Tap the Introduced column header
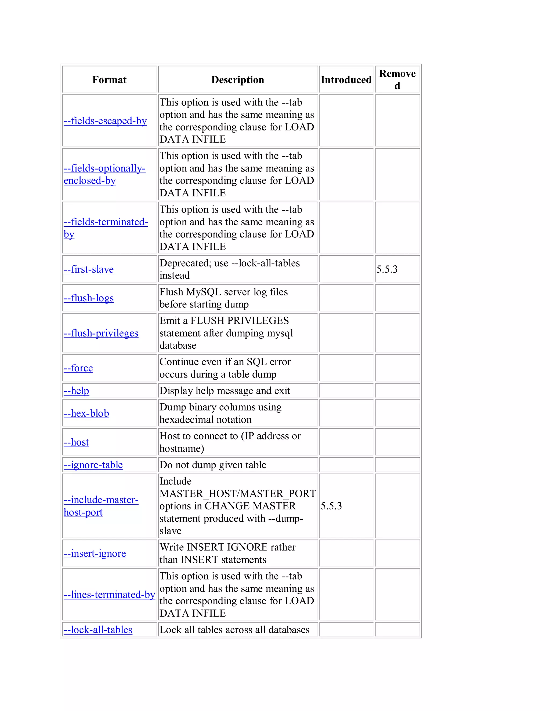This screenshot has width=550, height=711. pos(346,80)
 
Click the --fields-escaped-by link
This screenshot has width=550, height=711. pos(105,121)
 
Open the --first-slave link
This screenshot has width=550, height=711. pos(89,269)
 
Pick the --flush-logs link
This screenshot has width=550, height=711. pos(89,298)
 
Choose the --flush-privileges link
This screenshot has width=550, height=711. pos(101,333)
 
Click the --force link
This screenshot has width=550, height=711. pos(78,368)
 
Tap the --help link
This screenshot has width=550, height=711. pos(76,391)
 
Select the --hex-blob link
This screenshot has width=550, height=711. pos(86,413)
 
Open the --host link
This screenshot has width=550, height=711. pos(76,442)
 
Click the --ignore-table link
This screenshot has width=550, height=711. pos(93,465)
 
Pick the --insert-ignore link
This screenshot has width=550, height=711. pos(95,554)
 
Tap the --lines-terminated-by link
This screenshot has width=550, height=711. pos(109,595)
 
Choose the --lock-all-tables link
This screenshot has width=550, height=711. pos(98,630)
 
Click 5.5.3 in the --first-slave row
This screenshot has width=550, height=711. pos(387,269)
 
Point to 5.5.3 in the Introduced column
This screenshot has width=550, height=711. pos(331,506)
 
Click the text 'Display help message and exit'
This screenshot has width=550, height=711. pos(225,391)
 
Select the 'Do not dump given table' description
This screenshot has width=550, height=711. pos(213,465)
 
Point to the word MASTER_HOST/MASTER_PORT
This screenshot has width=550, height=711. pos(237,493)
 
